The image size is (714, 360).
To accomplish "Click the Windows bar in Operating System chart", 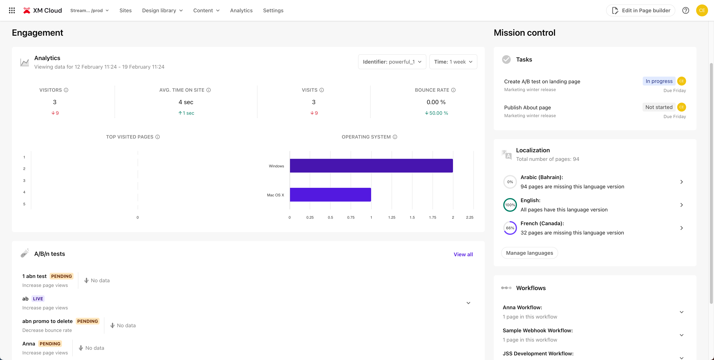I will [371, 166].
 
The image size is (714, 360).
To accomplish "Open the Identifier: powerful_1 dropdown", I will [392, 62].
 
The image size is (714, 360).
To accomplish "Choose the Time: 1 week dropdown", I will [453, 62].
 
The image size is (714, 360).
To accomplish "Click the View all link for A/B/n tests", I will [463, 254].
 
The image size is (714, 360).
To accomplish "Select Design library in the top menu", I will [162, 11].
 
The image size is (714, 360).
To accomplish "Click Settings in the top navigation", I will [273, 11].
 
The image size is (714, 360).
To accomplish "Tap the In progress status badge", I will [659, 81].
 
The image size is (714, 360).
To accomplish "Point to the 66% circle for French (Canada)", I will [510, 228].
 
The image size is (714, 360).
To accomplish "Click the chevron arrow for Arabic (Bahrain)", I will [681, 182].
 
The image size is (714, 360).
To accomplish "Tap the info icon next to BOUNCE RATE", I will [453, 90].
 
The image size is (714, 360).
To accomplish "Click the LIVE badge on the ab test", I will [38, 299].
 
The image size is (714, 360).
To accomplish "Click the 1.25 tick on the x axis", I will [392, 217].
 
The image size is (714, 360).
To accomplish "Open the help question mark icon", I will [686, 11].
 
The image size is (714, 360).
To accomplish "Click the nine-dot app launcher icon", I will [12, 11].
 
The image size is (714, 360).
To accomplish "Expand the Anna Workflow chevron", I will [681, 312].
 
